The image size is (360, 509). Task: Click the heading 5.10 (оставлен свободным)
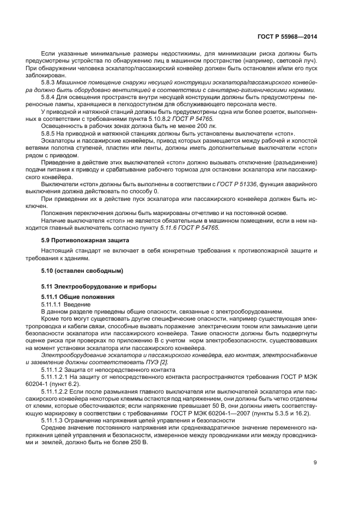(82, 271)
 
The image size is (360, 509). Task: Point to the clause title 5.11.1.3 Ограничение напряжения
(109, 421)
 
